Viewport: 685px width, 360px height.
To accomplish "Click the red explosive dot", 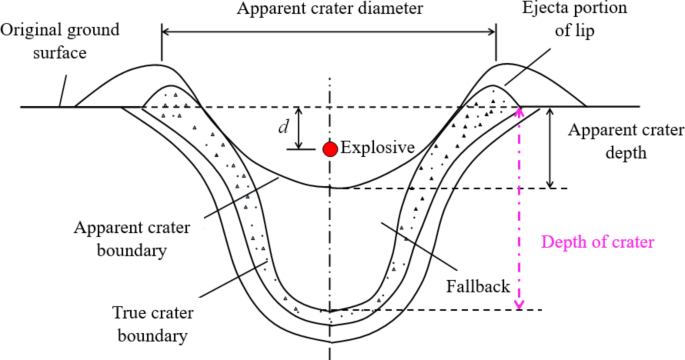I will (329, 149).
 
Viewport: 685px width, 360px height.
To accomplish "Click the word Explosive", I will (377, 148).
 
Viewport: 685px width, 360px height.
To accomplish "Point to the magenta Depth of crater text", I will (596, 242).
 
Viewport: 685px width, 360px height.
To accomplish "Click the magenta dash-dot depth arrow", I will (519, 210).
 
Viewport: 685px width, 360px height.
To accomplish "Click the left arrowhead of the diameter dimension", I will (166, 33).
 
